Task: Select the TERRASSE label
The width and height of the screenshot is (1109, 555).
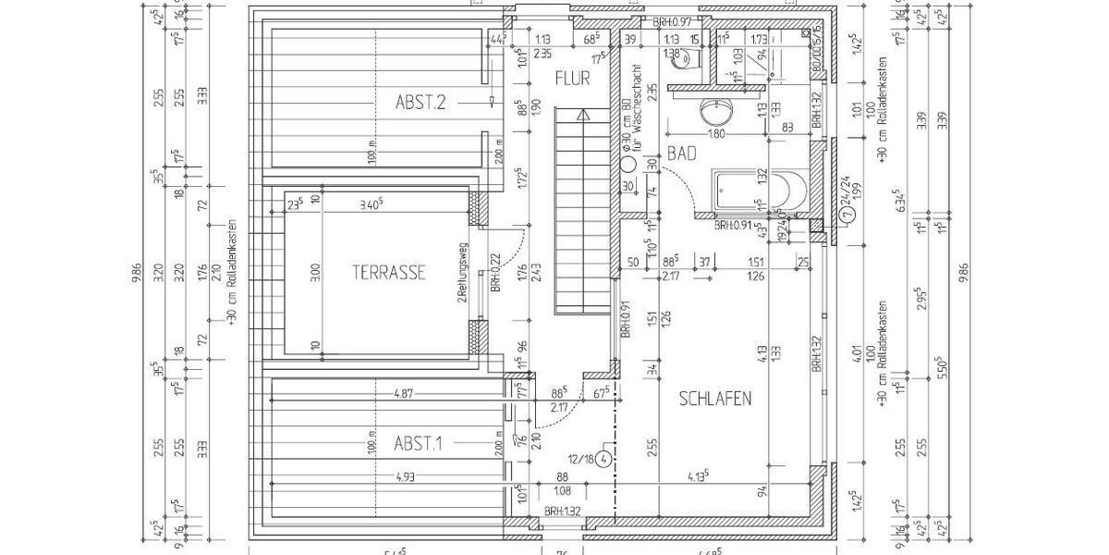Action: coord(388,273)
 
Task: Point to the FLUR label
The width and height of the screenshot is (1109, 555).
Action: coord(572,80)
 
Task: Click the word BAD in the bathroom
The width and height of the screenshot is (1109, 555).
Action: coord(681,155)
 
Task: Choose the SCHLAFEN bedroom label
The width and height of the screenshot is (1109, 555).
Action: coord(715,400)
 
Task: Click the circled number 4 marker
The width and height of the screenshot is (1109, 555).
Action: coord(604,459)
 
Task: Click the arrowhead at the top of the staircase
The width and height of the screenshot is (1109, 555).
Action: coord(580,116)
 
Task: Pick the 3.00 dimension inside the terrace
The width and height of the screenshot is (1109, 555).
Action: coord(315,273)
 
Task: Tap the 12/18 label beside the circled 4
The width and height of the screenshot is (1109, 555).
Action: coord(581,459)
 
